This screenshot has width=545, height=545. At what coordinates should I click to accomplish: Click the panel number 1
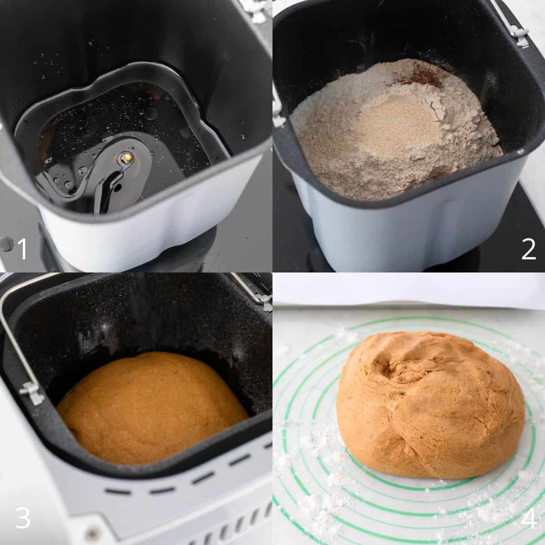click(x=22, y=248)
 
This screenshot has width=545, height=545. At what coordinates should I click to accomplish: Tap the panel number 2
click(x=529, y=249)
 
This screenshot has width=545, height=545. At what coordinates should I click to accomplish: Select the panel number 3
click(x=23, y=517)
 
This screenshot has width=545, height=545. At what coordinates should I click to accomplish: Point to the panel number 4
click(x=528, y=518)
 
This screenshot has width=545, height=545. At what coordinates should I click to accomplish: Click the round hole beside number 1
click(x=6, y=244)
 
